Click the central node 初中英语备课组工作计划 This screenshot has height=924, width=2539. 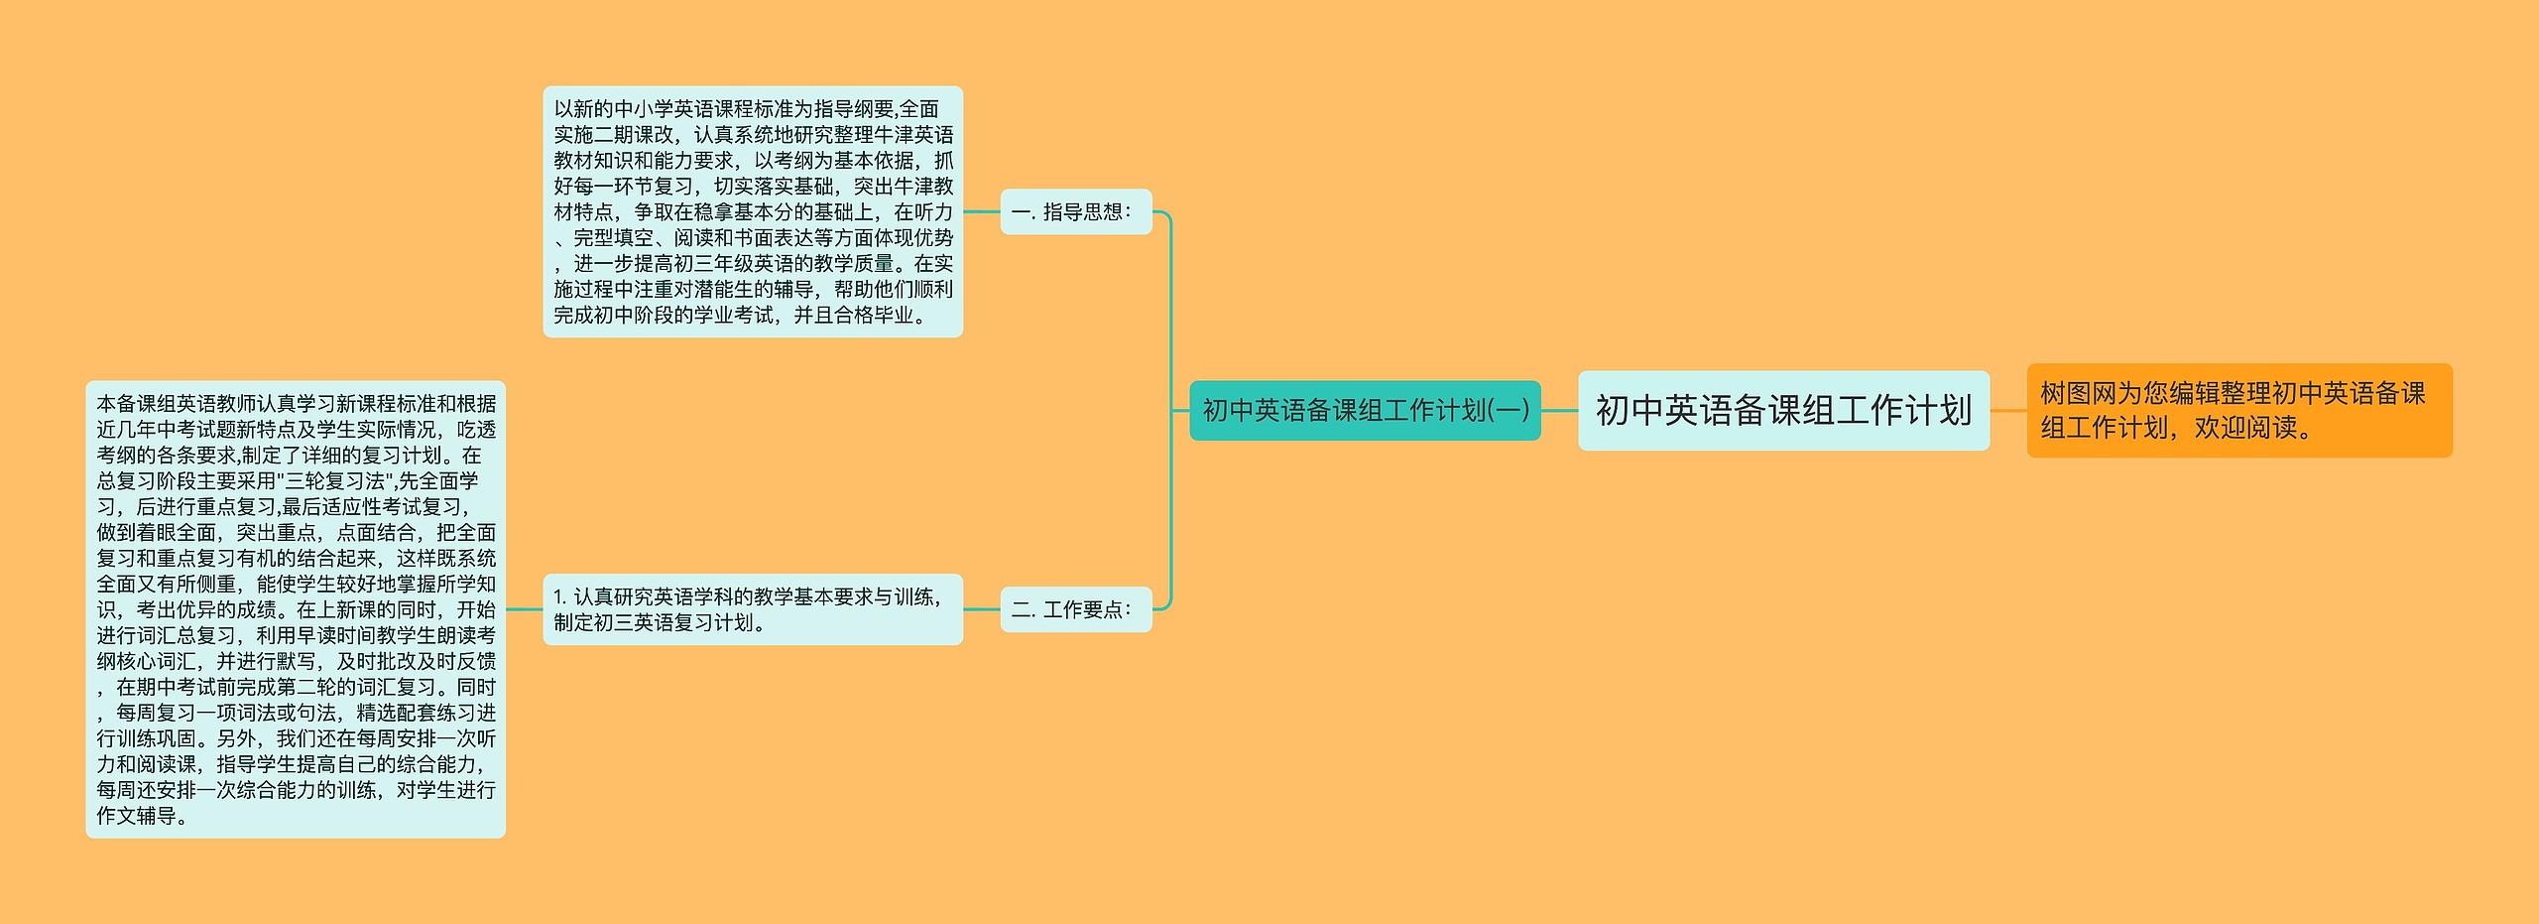tap(1783, 411)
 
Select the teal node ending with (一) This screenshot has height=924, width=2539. tap(1365, 411)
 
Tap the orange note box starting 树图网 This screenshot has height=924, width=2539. tap(2238, 411)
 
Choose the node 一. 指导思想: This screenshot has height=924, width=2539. tap(1075, 212)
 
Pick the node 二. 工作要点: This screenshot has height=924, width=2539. tap(1075, 609)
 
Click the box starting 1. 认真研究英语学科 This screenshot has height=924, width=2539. tap(752, 609)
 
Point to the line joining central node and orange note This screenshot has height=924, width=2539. tap(2007, 411)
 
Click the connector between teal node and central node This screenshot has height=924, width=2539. tap(1559, 411)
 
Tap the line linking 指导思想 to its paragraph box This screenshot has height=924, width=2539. tap(981, 212)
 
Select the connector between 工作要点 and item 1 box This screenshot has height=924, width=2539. tap(981, 609)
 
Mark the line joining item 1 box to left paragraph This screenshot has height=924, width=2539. tap(524, 609)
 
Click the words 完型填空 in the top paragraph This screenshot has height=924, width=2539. tap(614, 238)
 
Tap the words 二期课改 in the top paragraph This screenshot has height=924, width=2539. tap(634, 135)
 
